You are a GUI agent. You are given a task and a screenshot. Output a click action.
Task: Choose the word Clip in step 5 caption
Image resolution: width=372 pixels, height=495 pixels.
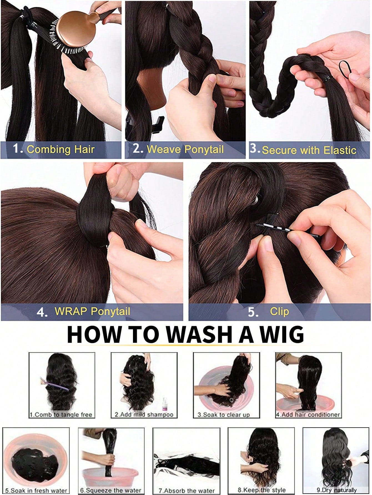(x=279, y=311)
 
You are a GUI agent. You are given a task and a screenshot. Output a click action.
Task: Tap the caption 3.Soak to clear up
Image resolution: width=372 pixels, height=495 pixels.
(x=224, y=415)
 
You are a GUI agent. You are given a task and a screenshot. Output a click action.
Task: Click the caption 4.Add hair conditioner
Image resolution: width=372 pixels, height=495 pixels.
(x=308, y=415)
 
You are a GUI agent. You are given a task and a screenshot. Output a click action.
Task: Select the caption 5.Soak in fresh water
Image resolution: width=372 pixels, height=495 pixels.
(x=36, y=491)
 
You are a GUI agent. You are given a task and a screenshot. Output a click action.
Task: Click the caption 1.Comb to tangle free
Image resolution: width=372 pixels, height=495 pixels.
(x=61, y=415)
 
